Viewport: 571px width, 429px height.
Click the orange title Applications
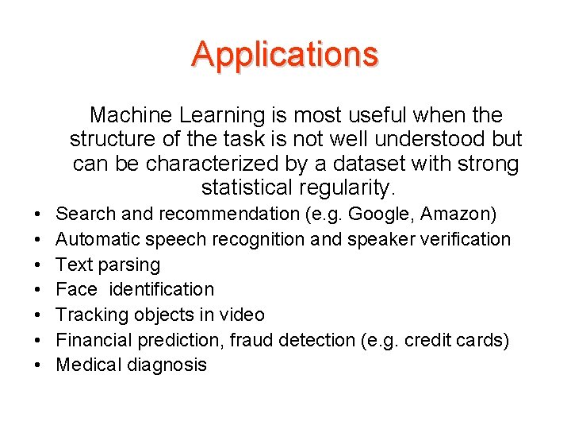click(x=285, y=54)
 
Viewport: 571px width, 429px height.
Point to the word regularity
click(x=346, y=188)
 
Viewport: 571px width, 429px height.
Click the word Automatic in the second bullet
click(x=94, y=239)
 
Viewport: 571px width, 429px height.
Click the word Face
click(x=76, y=289)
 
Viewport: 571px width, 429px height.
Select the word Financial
click(x=94, y=340)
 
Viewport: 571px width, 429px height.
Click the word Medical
click(x=90, y=365)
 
